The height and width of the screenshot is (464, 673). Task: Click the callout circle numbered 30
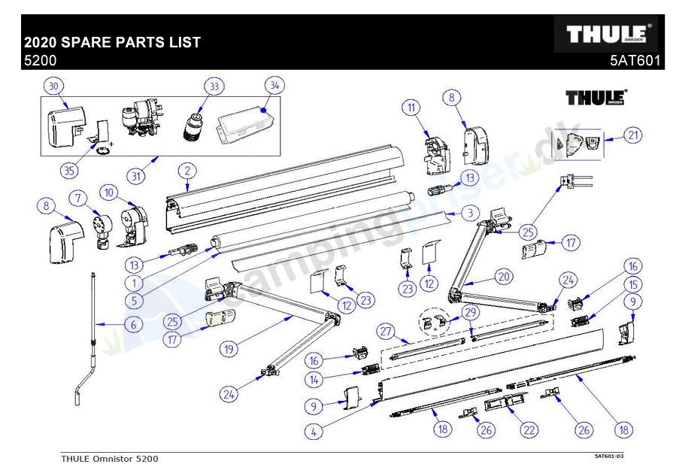pos(53,86)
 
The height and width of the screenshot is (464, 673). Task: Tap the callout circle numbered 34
pos(274,85)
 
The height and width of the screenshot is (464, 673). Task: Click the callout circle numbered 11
pos(411,108)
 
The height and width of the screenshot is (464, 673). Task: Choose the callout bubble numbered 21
pos(634,135)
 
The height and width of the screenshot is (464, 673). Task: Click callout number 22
pos(530,429)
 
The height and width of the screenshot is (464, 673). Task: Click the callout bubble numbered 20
pos(504,276)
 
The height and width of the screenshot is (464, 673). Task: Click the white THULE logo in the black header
pos(605,35)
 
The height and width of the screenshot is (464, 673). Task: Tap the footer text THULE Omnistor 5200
pos(110,458)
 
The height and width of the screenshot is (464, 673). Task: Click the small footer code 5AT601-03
pos(609,456)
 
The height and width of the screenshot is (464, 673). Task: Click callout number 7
pos(77,198)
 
